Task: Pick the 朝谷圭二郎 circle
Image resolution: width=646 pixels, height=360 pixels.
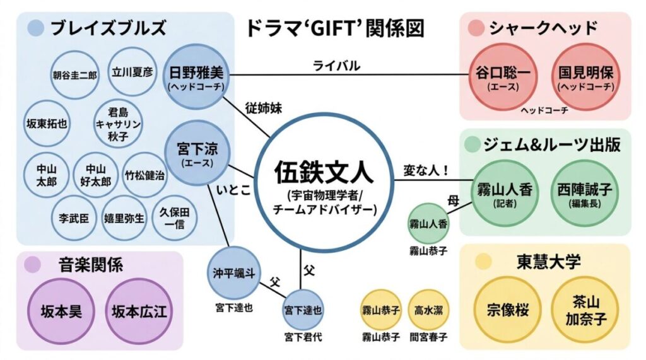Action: [74, 74]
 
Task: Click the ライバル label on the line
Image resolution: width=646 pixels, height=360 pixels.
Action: [336, 65]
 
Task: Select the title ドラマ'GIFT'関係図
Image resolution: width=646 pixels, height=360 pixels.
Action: [334, 28]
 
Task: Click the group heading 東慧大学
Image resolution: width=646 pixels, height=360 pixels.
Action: [540, 261]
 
